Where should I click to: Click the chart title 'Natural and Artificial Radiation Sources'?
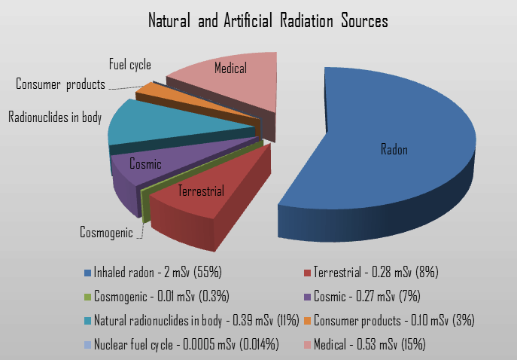click(x=268, y=20)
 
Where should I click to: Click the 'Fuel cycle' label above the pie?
click(x=130, y=65)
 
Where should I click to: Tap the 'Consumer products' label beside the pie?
click(x=60, y=84)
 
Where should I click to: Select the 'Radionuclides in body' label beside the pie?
click(x=55, y=117)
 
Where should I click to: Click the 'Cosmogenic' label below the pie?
click(x=106, y=232)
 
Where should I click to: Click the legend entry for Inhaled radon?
click(x=154, y=273)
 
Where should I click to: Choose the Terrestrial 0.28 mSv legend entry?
click(x=371, y=273)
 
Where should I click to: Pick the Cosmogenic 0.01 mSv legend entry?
click(x=157, y=296)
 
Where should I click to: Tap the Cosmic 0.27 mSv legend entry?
click(x=362, y=296)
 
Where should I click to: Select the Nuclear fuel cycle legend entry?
click(x=181, y=345)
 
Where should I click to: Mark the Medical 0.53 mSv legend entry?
click(x=365, y=345)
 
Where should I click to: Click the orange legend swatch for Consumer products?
click(x=307, y=321)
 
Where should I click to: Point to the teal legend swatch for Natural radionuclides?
click(x=88, y=321)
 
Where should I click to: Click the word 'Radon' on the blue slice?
click(x=394, y=149)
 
